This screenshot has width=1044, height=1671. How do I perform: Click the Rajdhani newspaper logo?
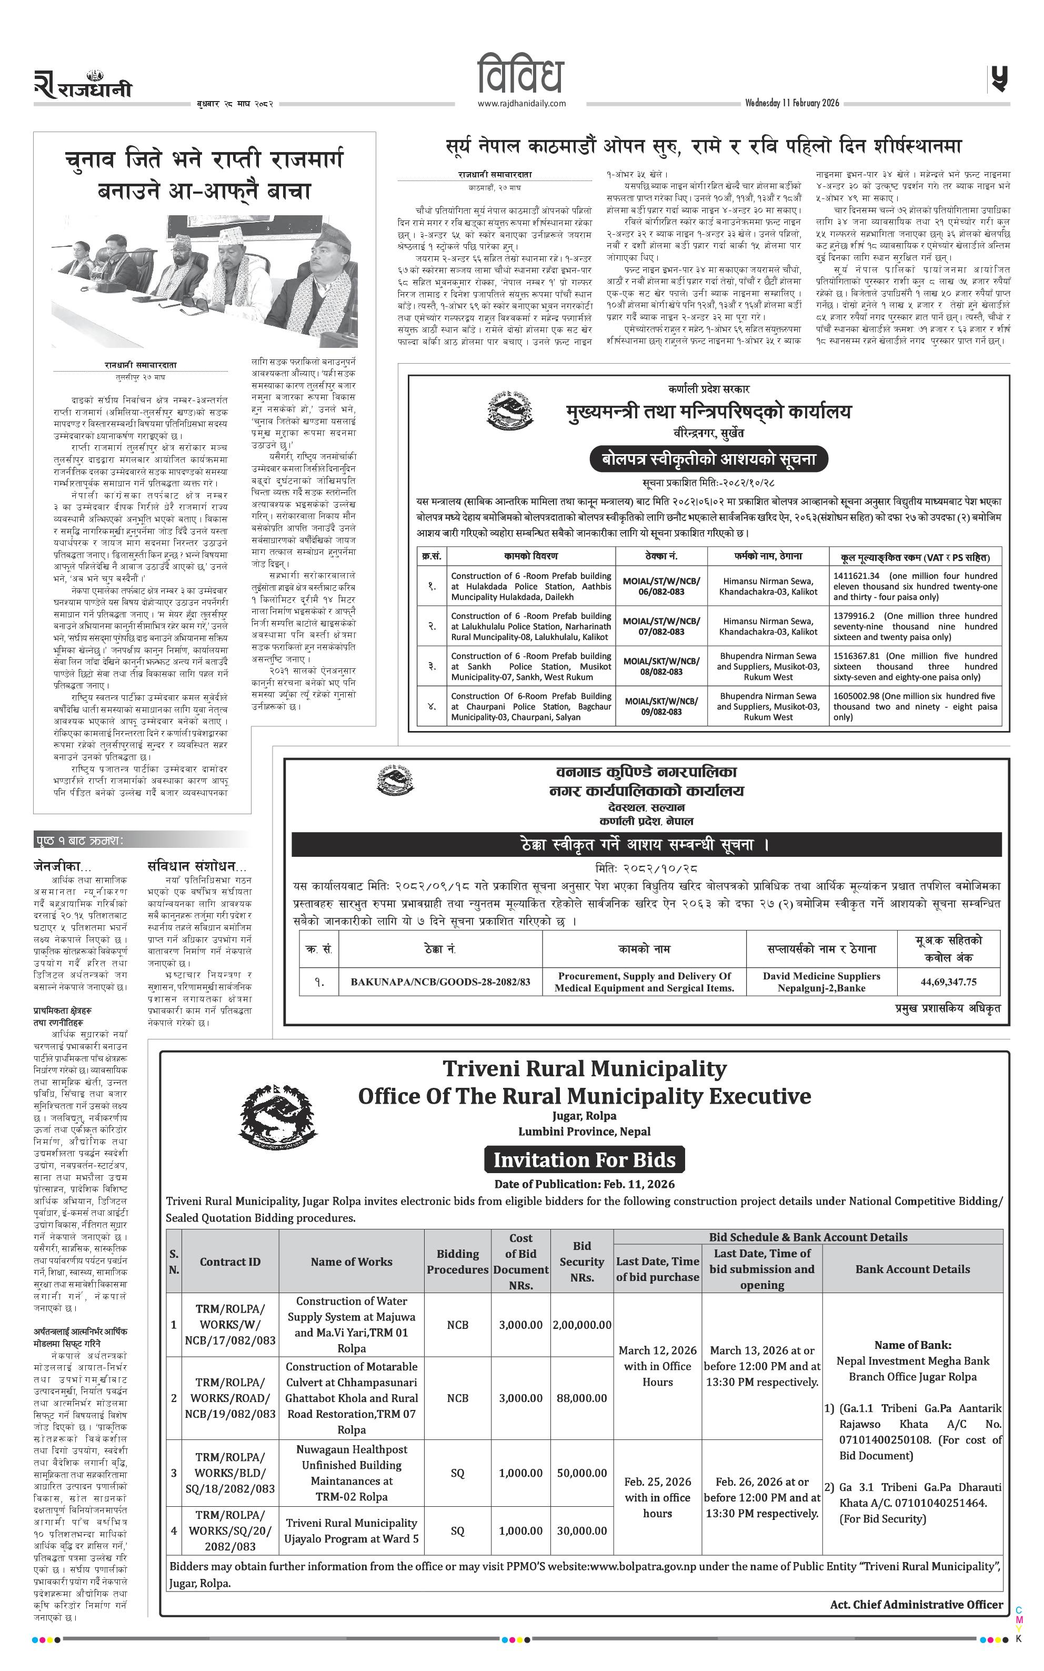(83, 86)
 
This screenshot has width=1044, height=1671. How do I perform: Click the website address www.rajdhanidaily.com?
(521, 104)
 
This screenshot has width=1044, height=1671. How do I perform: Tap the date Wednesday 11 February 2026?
(792, 103)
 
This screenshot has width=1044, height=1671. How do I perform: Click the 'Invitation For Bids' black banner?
(584, 1159)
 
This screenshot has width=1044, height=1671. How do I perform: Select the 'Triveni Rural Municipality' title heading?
(584, 1069)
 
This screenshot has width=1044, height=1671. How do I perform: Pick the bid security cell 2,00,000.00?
(581, 1324)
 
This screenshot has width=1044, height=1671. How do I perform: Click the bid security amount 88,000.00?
(581, 1397)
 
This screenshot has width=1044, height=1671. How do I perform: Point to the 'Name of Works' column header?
(351, 1261)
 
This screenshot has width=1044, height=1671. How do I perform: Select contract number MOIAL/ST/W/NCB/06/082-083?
(661, 586)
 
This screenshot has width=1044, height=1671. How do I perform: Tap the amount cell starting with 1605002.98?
(915, 706)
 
